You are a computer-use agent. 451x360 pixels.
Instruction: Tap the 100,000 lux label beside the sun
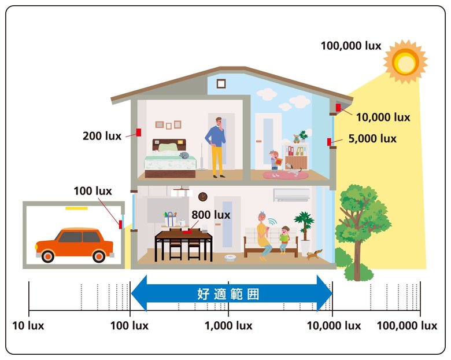click(351, 46)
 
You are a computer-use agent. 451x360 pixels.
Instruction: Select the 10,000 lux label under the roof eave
click(383, 117)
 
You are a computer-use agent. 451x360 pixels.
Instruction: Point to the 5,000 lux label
click(372, 138)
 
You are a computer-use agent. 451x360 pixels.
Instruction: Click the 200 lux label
click(102, 136)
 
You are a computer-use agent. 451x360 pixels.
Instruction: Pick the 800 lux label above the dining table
click(211, 215)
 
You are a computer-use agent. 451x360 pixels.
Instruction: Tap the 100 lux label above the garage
click(93, 191)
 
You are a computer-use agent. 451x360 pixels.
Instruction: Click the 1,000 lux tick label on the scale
click(228, 326)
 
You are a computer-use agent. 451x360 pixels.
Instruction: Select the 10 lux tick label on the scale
click(28, 326)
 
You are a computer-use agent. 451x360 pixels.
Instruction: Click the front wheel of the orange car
click(48, 256)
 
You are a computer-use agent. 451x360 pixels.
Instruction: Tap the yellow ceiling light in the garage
click(76, 208)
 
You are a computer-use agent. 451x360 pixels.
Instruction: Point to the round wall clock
click(203, 197)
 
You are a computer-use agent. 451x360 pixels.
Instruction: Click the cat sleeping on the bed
click(184, 156)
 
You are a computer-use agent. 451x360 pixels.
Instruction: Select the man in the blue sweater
click(217, 147)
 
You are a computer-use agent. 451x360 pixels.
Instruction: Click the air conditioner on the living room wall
click(291, 195)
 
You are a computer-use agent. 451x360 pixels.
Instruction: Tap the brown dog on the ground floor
click(314, 254)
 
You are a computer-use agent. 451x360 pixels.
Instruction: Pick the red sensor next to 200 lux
click(139, 132)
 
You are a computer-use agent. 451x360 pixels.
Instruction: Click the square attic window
click(221, 84)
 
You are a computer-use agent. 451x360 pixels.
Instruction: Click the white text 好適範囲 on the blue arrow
click(228, 294)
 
